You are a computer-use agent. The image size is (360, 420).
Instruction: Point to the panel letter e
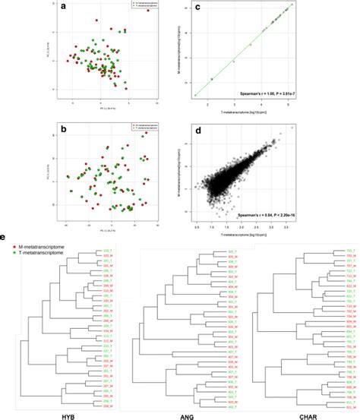click(x=8, y=238)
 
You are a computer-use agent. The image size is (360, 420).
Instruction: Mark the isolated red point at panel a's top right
click(x=147, y=11)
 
